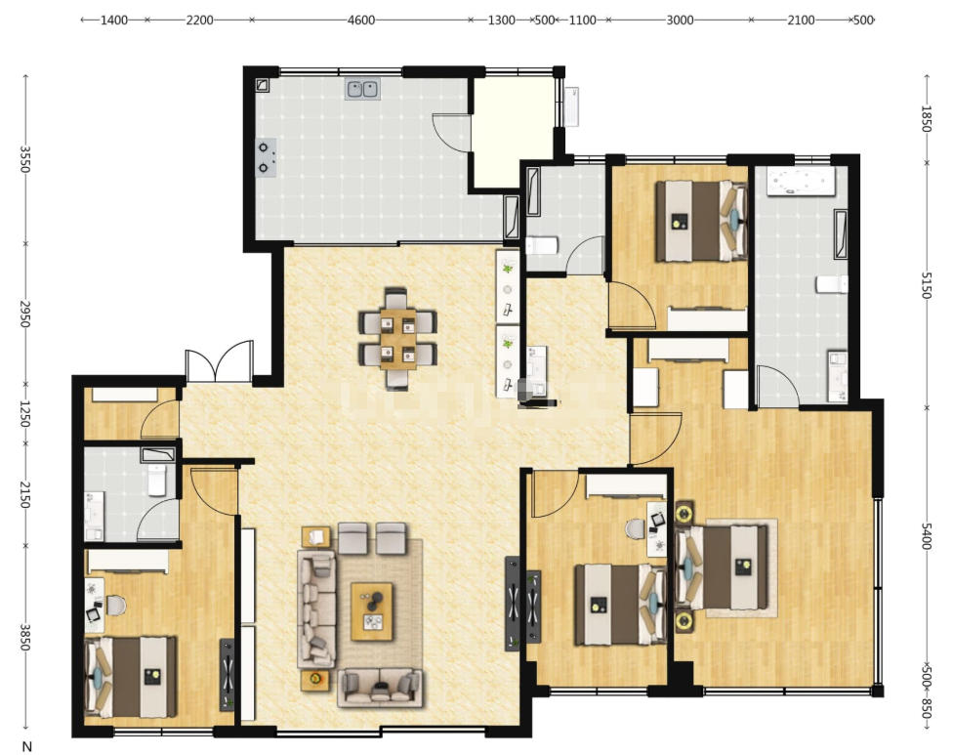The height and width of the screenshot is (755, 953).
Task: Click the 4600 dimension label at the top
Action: click(361, 21)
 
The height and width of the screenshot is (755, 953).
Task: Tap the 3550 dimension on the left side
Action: click(24, 159)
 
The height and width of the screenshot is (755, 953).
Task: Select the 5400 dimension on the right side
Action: click(927, 535)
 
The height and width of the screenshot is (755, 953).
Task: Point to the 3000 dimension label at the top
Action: click(680, 21)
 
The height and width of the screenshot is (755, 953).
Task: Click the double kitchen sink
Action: click(363, 89)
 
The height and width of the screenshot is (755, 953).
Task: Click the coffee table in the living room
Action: click(372, 611)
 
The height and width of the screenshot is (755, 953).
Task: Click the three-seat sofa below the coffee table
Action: click(381, 687)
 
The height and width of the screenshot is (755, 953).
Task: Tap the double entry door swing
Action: click(219, 361)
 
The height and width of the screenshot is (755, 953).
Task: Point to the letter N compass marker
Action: click(26, 746)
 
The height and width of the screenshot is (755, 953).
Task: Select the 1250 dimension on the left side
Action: click(24, 413)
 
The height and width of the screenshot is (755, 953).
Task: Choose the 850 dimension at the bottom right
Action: click(927, 709)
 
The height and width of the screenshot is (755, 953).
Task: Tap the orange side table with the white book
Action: click(315, 538)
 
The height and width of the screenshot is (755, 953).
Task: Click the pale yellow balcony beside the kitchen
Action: click(514, 132)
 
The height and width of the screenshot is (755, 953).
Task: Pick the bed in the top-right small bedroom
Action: click(701, 222)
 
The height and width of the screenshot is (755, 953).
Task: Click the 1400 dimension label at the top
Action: click(114, 21)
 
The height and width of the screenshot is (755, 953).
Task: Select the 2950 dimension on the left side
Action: click(24, 314)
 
